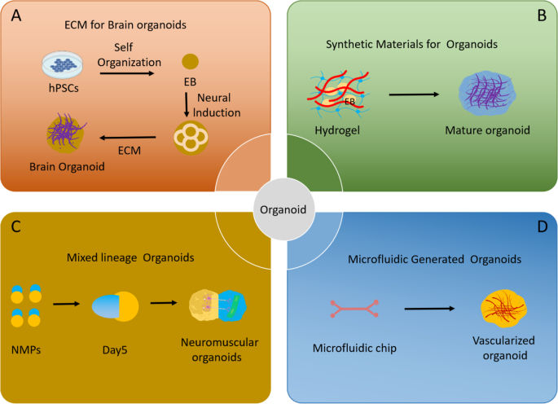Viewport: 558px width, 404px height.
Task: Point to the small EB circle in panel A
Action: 189,61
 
